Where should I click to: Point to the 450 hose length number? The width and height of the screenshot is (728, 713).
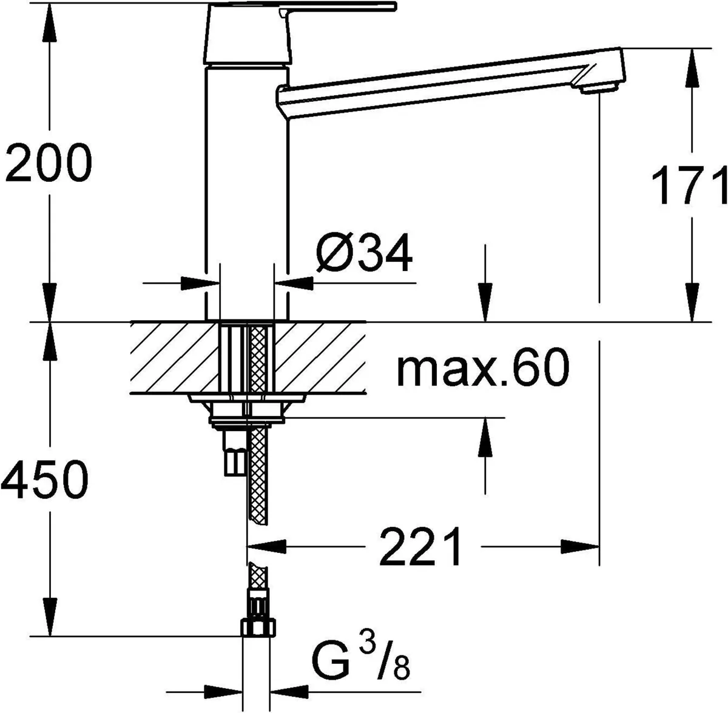44,479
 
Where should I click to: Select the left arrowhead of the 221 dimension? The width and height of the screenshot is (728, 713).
267,545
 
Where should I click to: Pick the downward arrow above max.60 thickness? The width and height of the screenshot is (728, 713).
484,303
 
